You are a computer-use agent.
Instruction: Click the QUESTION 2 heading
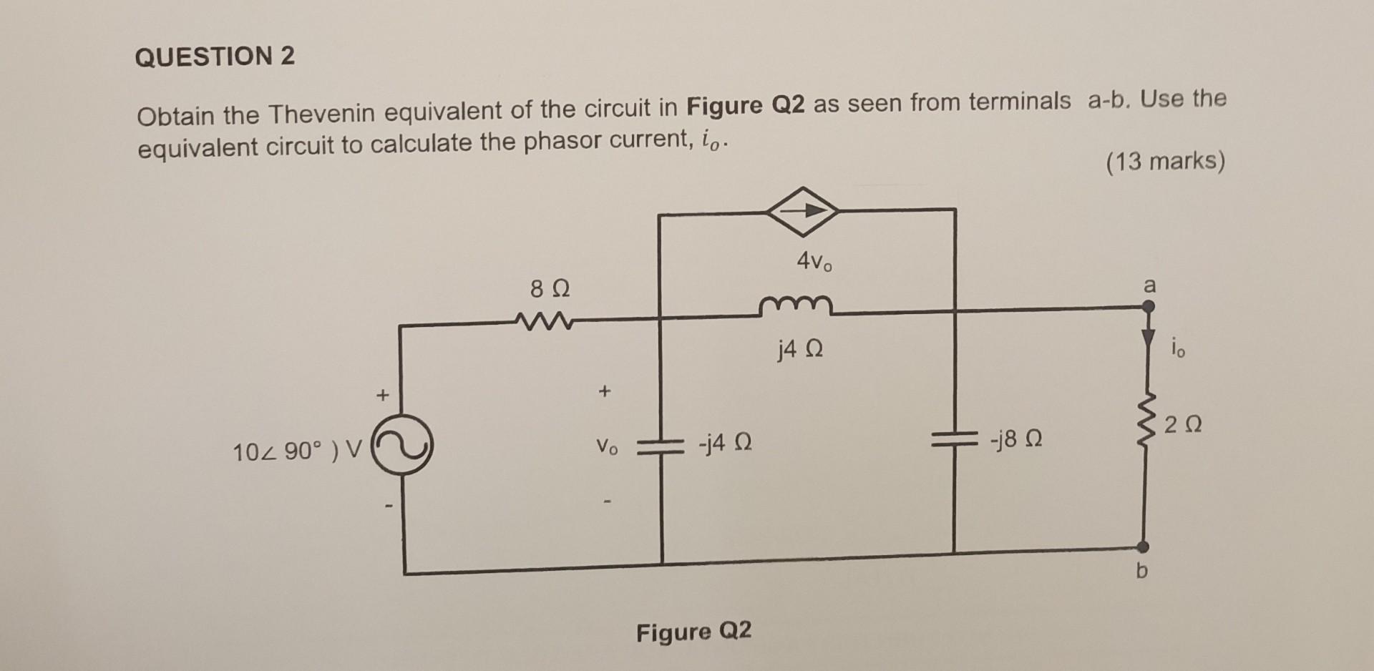click(215, 57)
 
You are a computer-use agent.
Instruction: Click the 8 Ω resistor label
click(550, 290)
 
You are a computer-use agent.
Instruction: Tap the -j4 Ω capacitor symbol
click(660, 446)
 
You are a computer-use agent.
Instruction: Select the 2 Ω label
click(1183, 426)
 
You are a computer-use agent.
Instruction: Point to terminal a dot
click(1147, 307)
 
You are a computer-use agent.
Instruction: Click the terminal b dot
click(1144, 547)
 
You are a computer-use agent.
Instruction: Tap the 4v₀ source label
click(814, 263)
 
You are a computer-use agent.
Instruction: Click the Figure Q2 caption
click(693, 632)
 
